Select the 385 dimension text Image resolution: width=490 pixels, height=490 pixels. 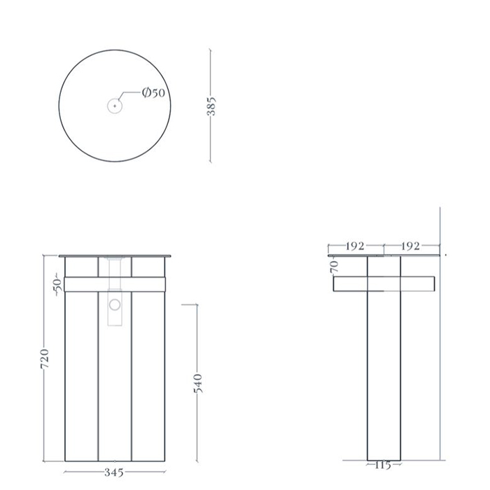point(212,106)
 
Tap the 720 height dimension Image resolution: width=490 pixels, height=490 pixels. point(45,358)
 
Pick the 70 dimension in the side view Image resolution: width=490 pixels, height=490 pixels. point(335,266)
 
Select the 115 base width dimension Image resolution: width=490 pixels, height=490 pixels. point(383,465)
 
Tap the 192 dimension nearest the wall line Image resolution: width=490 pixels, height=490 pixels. point(411,246)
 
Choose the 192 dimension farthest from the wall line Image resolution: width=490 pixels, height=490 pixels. point(356,246)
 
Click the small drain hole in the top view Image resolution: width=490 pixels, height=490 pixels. point(115,106)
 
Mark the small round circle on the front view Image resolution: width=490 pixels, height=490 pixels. point(115,305)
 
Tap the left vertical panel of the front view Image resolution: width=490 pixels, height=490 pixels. point(81,378)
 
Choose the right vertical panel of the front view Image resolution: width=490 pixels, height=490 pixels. point(148,378)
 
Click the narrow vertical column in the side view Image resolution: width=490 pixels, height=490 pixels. point(383,378)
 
